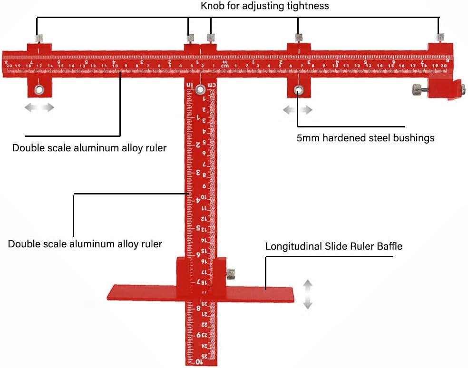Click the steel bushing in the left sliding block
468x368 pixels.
tap(38, 89)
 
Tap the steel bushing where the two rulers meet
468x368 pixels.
tap(201, 89)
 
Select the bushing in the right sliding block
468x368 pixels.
tap(298, 89)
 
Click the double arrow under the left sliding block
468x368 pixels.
tap(39, 107)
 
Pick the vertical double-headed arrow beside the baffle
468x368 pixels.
tap(308, 294)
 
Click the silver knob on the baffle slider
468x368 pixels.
tap(231, 274)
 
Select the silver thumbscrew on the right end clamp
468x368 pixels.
tap(417, 88)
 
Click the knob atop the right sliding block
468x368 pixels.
tap(299, 38)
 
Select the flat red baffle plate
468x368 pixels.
tap(143, 292)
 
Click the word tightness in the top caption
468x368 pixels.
tap(311, 6)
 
